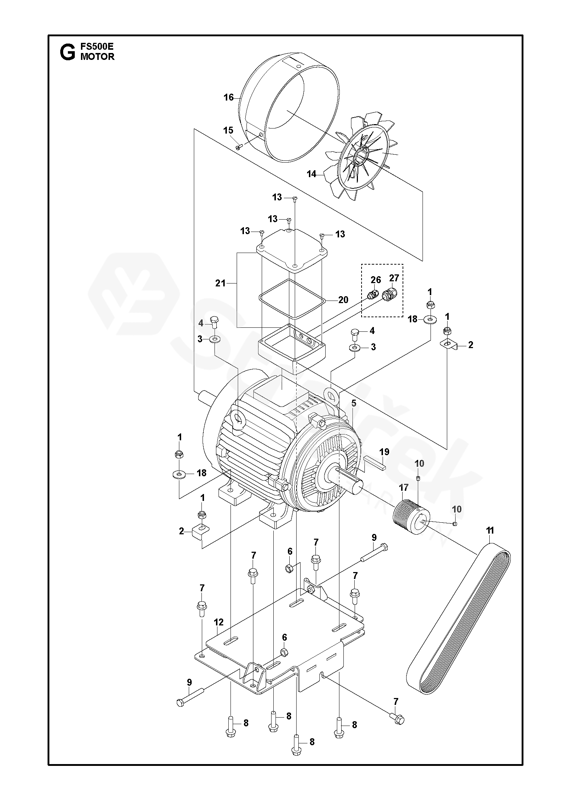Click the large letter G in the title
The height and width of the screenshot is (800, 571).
click(x=67, y=52)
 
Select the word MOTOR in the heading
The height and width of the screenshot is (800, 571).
click(x=97, y=57)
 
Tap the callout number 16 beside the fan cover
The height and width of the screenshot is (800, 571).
click(x=229, y=98)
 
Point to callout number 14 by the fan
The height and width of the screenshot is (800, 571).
click(x=311, y=174)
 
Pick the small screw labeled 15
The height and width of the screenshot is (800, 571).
click(x=238, y=147)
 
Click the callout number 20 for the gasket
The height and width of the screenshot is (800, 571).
click(x=343, y=299)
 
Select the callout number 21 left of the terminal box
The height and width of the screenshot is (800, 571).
click(x=220, y=283)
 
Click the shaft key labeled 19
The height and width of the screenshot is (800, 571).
click(x=375, y=464)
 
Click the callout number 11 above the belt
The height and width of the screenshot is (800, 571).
click(x=490, y=531)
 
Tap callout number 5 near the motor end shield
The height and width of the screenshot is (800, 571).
click(x=354, y=403)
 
